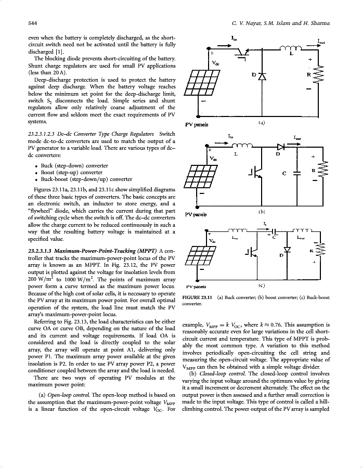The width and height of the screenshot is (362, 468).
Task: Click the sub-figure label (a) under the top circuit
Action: point(261,123)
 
